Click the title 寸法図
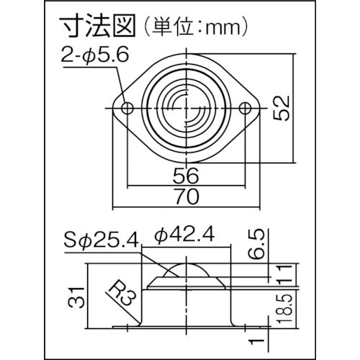tap(97, 26)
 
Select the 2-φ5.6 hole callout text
tap(95, 55)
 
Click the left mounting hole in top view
tap(127, 108)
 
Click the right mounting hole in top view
tap(246, 108)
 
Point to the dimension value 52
tap(282, 108)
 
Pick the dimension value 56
tap(186, 175)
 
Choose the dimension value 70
tap(186, 197)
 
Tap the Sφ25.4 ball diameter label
tap(102, 240)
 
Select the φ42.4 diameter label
tap(184, 235)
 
